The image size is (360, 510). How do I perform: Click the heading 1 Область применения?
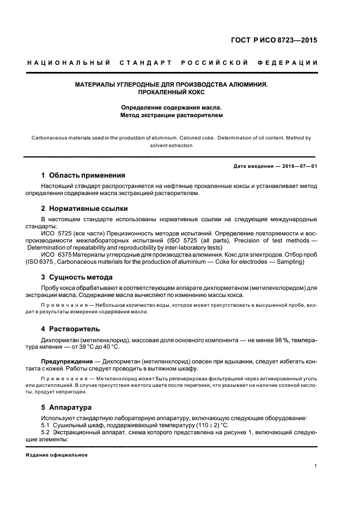click(83, 175)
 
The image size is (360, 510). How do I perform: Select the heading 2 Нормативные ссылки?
click(84, 209)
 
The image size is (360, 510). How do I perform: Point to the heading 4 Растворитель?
click(71, 329)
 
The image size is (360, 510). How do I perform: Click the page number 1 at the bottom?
click(316, 466)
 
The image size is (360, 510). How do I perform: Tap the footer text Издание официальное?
click(57, 455)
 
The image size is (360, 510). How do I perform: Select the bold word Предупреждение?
click(65, 361)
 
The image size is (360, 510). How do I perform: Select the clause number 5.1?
click(46, 425)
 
